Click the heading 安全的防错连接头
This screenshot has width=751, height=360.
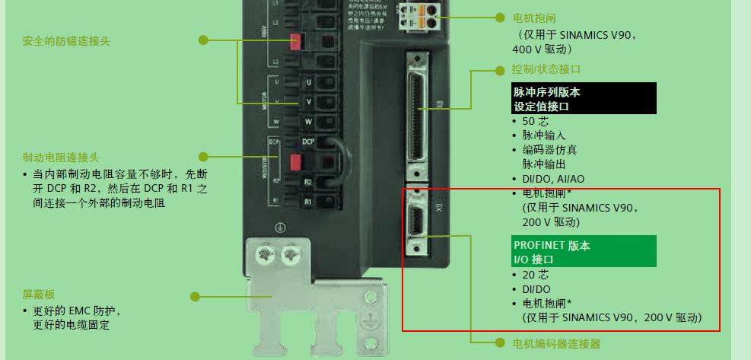pyautogui.click(x=66, y=41)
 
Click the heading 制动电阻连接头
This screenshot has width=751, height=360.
pyautogui.click(x=61, y=158)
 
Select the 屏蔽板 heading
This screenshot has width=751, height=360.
pyautogui.click(x=39, y=295)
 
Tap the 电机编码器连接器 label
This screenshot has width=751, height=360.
pyautogui.click(x=556, y=344)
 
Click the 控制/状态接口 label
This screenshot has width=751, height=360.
pyautogui.click(x=547, y=70)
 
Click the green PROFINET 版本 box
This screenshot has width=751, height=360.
pyautogui.click(x=584, y=251)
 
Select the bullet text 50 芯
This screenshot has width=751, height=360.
pyautogui.click(x=535, y=121)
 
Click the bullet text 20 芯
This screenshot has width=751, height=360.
pyautogui.click(x=535, y=274)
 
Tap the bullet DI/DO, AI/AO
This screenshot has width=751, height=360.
pyautogui.click(x=553, y=178)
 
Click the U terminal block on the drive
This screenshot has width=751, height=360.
pyautogui.click(x=308, y=82)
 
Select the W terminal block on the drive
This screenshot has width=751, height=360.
pyautogui.click(x=308, y=122)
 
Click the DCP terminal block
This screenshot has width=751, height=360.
pyautogui.click(x=308, y=142)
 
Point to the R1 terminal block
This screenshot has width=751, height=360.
pyautogui.click(x=308, y=202)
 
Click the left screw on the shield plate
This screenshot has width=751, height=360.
pyautogui.click(x=267, y=253)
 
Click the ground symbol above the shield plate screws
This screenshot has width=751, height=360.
pyautogui.click(x=279, y=228)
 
